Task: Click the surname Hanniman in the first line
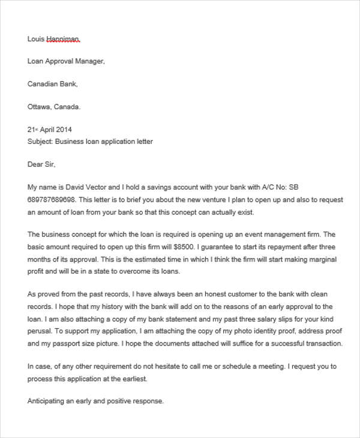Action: pyautogui.click(x=63, y=39)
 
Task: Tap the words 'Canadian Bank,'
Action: pyautogui.click(x=53, y=84)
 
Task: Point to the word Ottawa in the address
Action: pyautogui.click(x=40, y=107)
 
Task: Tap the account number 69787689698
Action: pyautogui.click(x=52, y=199)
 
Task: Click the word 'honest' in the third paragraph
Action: pyautogui.click(x=191, y=294)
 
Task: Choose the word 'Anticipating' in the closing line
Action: pyautogui.click(x=47, y=401)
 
